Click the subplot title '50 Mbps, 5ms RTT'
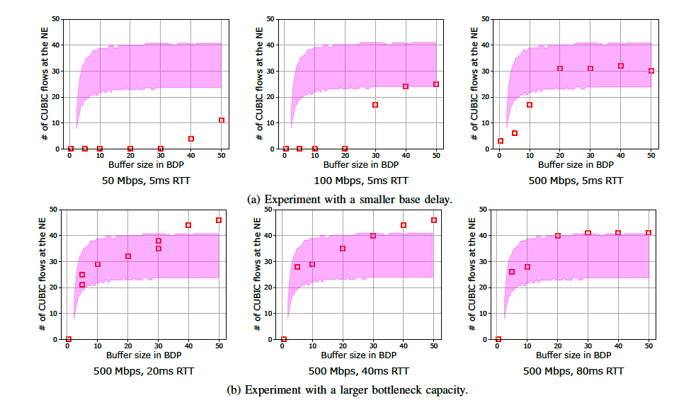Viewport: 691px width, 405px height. click(145, 181)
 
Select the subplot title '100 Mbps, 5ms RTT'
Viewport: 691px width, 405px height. click(360, 181)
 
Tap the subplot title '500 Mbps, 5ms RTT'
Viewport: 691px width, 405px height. click(576, 181)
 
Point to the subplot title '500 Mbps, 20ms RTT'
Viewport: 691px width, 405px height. click(145, 371)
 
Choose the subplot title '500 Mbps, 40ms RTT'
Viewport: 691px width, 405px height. click(359, 371)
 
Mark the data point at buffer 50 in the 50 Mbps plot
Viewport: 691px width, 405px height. click(222, 120)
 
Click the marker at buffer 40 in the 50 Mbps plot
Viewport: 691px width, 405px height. click(191, 139)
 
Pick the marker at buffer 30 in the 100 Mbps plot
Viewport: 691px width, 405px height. click(375, 105)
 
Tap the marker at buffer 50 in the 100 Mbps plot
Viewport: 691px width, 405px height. click(436, 84)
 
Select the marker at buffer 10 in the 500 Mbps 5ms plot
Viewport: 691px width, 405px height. click(530, 105)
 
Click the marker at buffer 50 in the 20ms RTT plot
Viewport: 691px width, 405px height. click(219, 220)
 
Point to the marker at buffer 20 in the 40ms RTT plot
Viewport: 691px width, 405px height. click(343, 249)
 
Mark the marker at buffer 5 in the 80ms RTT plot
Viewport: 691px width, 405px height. click(512, 272)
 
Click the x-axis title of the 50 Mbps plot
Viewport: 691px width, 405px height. click(144, 164)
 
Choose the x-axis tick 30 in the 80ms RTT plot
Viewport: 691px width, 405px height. click(588, 346)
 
